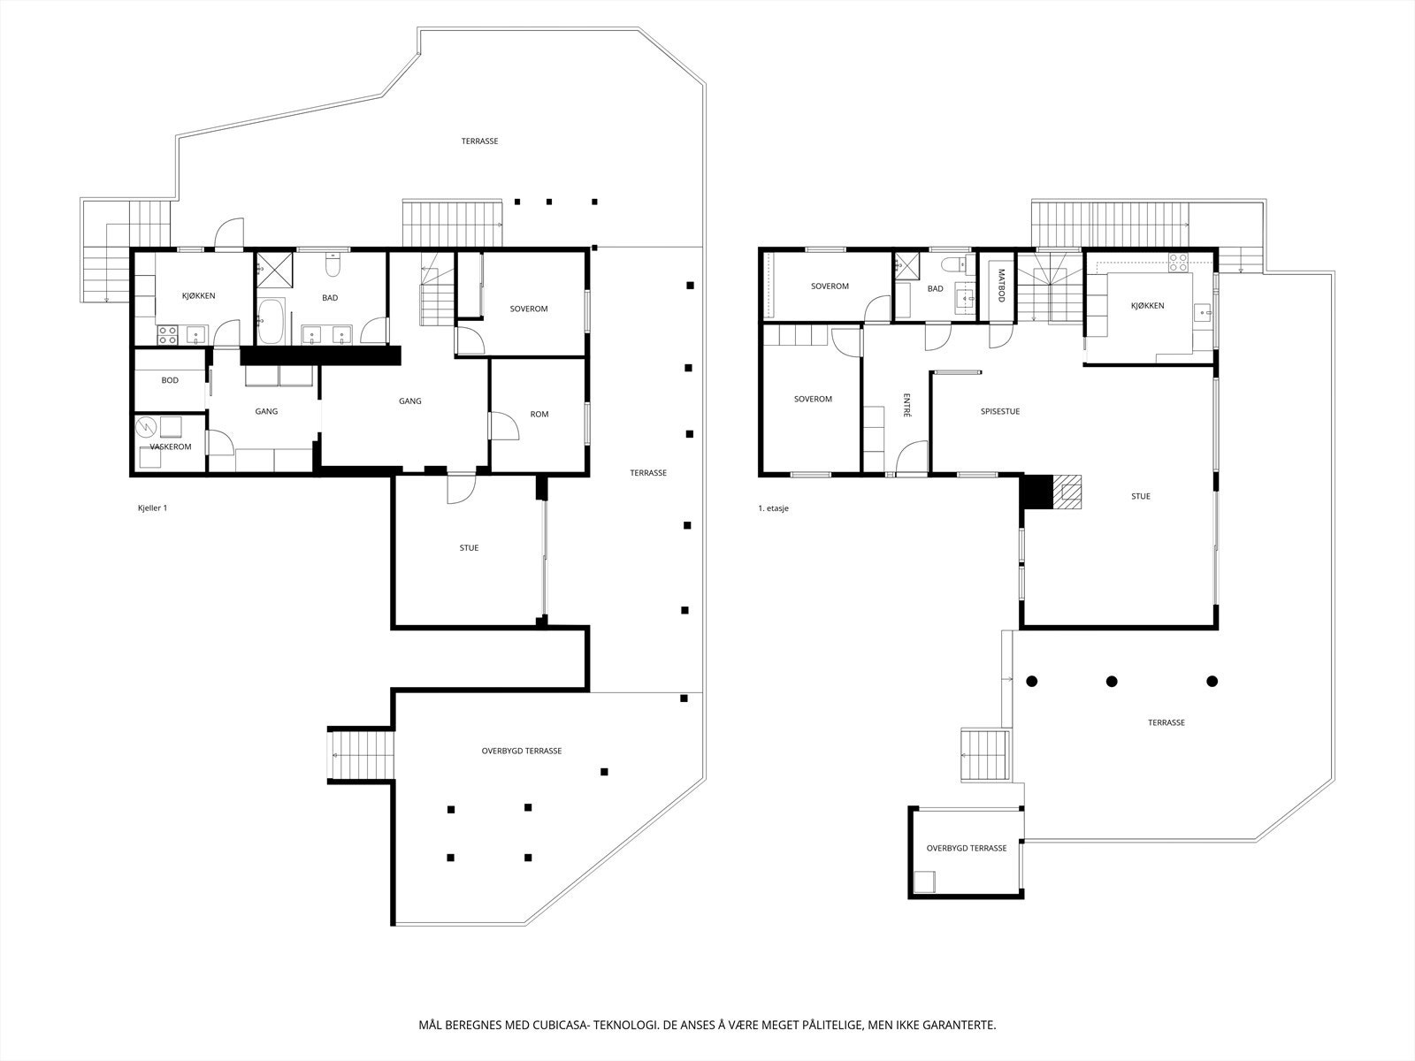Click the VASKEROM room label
pyautogui.click(x=170, y=447)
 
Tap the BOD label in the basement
pyautogui.click(x=170, y=380)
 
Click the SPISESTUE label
pyautogui.click(x=999, y=411)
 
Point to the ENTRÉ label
pyautogui.click(x=907, y=404)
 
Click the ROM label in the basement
pyautogui.click(x=539, y=414)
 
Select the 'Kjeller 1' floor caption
pyautogui.click(x=152, y=508)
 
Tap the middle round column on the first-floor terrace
pyautogui.click(x=1112, y=681)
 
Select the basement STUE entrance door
pyautogui.click(x=460, y=488)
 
